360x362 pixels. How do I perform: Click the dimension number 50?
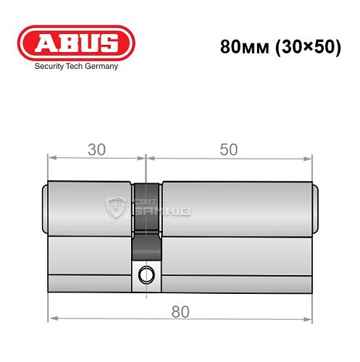pos(229,150)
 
